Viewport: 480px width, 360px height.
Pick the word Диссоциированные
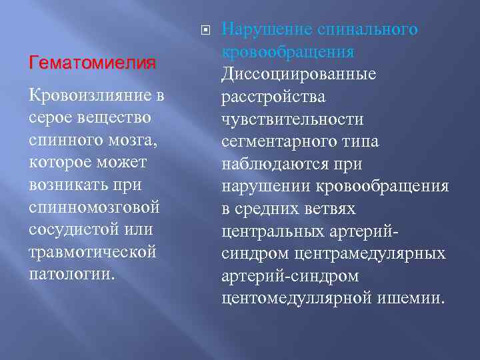(299, 74)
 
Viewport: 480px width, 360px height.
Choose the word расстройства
(273, 97)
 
